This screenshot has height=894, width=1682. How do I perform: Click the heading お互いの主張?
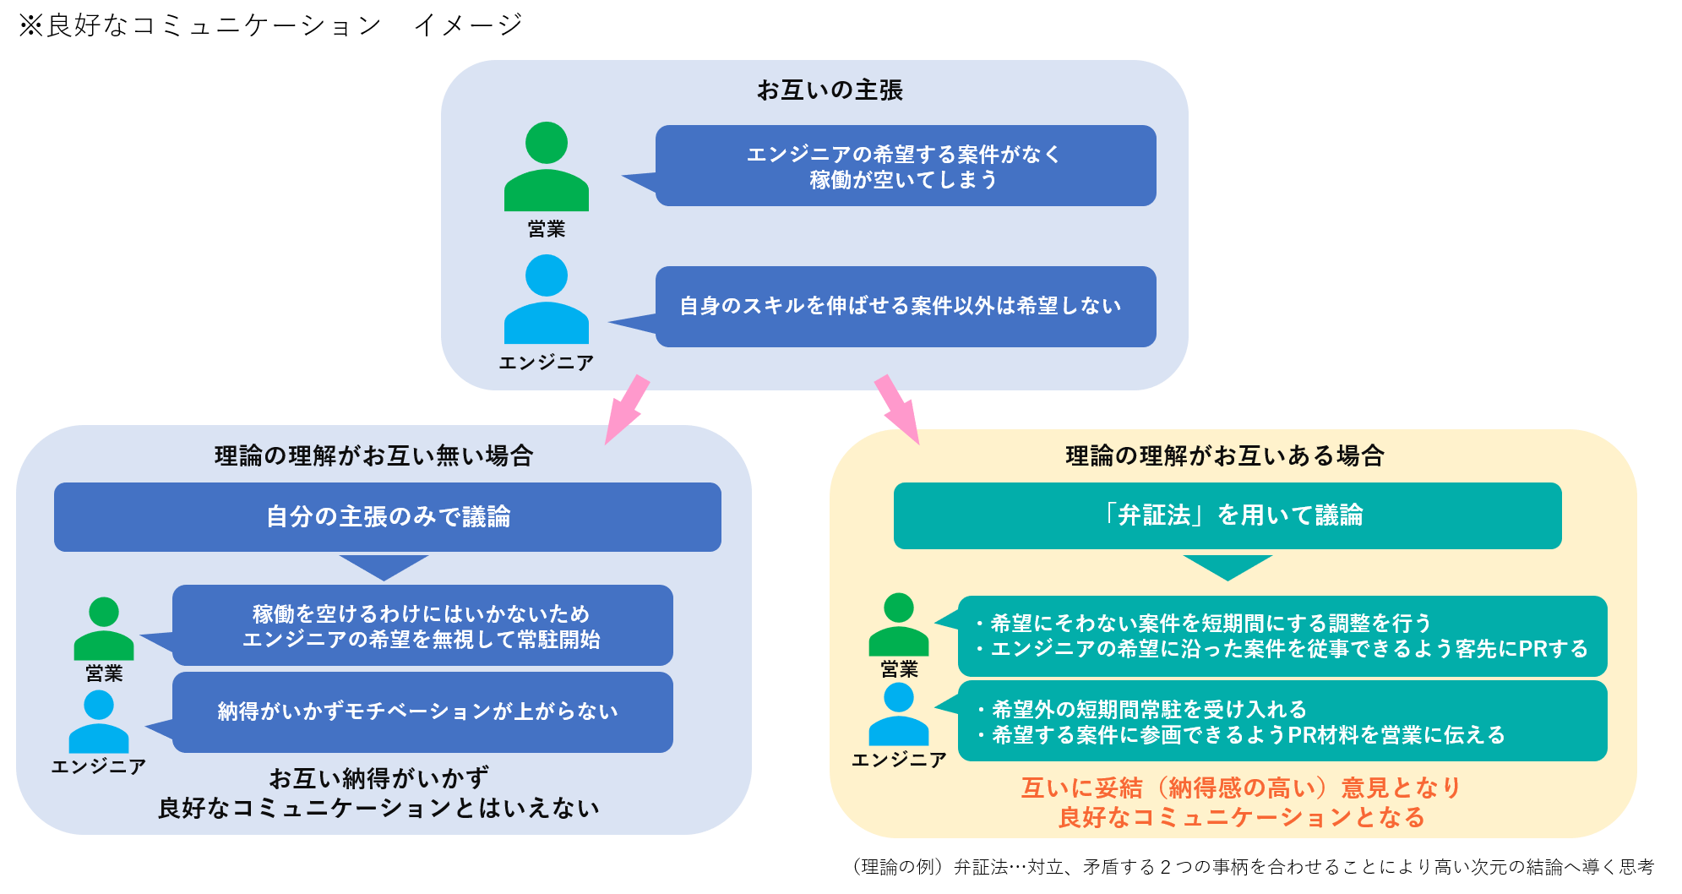(830, 90)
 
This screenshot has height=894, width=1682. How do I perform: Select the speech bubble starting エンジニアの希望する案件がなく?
(905, 166)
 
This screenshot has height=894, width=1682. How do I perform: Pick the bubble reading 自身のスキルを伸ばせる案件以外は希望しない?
(905, 306)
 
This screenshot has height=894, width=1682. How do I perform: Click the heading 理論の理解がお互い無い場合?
(373, 456)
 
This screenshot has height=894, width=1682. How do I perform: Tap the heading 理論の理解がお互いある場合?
(1224, 456)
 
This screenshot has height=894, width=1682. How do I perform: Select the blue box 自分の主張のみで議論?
(388, 516)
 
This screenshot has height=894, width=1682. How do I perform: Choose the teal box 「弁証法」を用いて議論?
(1227, 515)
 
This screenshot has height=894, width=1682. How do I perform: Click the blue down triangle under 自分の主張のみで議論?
(384, 566)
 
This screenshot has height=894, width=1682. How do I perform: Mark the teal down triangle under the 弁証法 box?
(1227, 566)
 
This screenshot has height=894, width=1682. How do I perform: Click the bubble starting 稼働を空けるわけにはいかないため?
(422, 625)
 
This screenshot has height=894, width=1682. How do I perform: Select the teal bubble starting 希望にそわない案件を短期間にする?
(1282, 635)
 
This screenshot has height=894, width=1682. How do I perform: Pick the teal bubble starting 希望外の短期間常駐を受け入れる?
(1282, 722)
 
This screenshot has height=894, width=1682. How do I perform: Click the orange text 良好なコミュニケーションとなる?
(1241, 817)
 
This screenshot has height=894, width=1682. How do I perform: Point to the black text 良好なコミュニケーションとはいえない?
(378, 808)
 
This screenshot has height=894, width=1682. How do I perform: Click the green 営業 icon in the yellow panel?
(898, 624)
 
